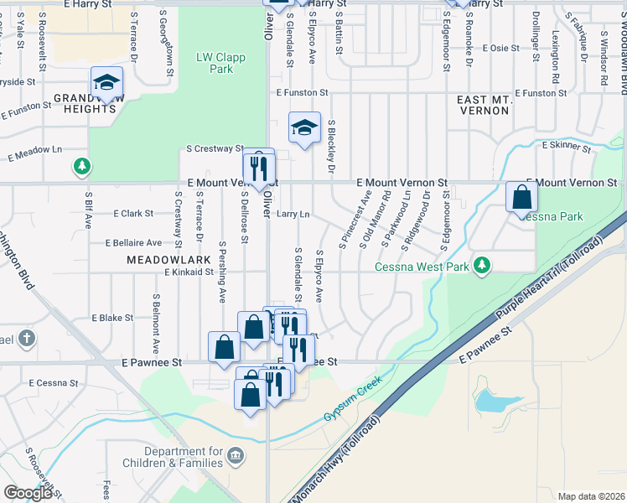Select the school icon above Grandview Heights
click(x=106, y=83)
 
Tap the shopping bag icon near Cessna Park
click(x=521, y=198)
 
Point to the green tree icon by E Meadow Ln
click(x=80, y=166)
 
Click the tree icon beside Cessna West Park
click(x=482, y=265)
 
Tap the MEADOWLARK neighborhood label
click(x=163, y=261)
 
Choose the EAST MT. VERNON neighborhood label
click(x=484, y=105)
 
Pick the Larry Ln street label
click(x=293, y=215)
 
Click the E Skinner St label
click(x=567, y=146)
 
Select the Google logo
click(x=28, y=493)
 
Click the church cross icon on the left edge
click(x=26, y=338)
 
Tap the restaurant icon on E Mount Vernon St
click(x=258, y=167)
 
